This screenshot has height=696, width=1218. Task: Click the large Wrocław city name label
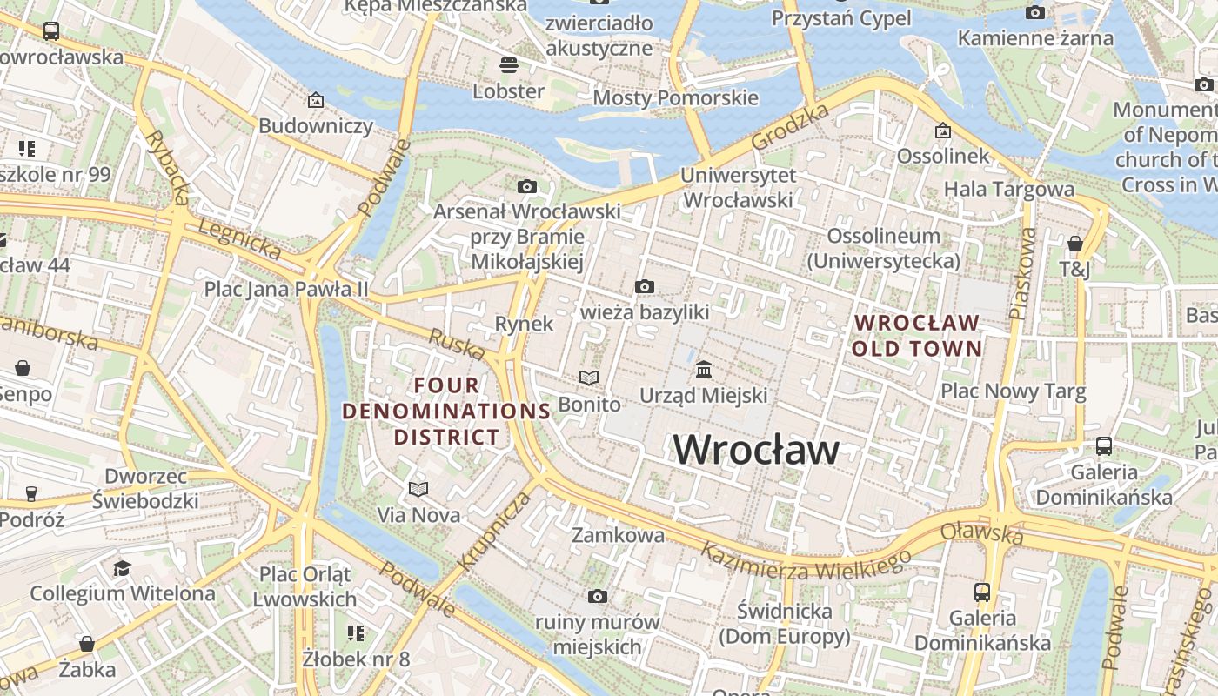(756, 450)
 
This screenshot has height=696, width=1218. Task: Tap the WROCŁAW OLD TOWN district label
(917, 336)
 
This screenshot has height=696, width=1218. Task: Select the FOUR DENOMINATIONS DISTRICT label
(446, 411)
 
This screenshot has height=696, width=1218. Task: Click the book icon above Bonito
(589, 378)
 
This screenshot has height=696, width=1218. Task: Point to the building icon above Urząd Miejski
(704, 370)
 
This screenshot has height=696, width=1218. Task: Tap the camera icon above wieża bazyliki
(645, 286)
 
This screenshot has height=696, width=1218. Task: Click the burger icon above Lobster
(509, 65)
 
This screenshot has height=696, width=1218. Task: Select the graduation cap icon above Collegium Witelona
(122, 568)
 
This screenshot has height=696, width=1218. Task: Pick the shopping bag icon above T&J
(1075, 244)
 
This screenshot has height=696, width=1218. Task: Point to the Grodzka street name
(790, 127)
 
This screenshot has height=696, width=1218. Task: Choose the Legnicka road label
(240, 238)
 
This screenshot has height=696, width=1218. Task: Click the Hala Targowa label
(1008, 189)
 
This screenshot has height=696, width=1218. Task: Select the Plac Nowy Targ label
(1013, 391)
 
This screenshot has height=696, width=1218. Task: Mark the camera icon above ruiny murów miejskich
(597, 596)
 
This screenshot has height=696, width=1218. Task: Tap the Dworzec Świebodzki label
(145, 488)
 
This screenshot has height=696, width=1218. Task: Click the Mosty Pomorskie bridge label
(675, 97)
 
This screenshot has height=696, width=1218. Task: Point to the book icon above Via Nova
(418, 489)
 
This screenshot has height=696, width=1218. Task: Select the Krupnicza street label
(493, 531)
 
